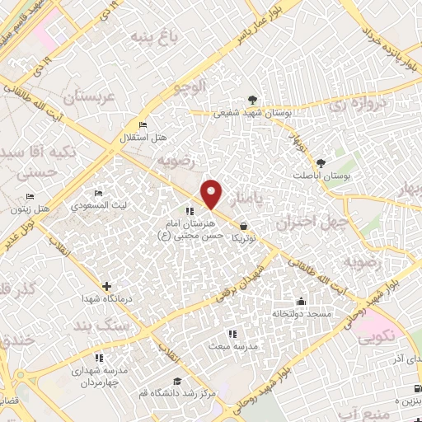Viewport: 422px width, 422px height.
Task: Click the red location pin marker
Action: coord(213,194)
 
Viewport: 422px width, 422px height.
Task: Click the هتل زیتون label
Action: coord(57,209)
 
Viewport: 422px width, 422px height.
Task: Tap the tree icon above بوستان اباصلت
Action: coord(320,163)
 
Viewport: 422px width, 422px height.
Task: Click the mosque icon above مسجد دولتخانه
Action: coord(301,301)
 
